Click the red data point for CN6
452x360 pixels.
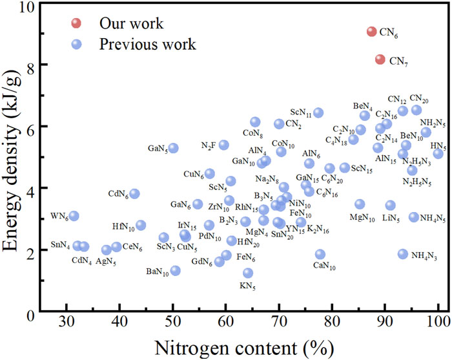click(372, 32)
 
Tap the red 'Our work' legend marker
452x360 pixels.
click(76, 24)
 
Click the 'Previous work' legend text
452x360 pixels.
click(147, 45)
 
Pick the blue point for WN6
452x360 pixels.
click(74, 216)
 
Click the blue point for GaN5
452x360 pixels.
click(173, 148)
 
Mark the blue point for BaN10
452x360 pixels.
click(175, 270)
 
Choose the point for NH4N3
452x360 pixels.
click(403, 254)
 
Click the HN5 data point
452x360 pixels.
click(438, 153)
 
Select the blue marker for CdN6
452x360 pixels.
click(134, 193)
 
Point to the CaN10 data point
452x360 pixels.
click(320, 254)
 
